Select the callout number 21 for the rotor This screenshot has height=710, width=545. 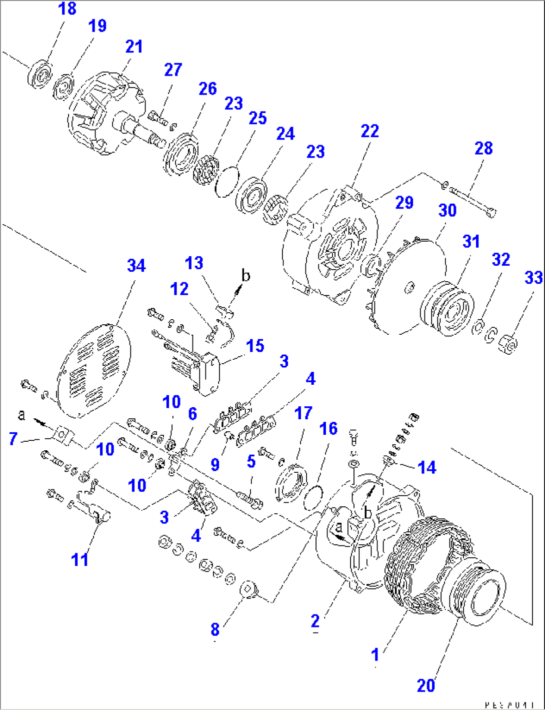(134, 47)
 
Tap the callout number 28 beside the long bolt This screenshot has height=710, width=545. (483, 148)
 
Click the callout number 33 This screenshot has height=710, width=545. (533, 277)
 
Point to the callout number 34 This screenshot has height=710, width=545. (136, 266)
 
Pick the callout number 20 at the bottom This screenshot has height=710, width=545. (426, 685)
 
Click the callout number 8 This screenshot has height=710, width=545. (215, 629)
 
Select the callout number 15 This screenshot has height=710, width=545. (255, 346)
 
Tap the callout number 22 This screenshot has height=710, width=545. (370, 131)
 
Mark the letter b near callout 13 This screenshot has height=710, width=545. (245, 275)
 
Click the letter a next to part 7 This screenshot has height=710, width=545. (21, 415)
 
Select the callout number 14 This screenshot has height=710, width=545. (426, 467)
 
